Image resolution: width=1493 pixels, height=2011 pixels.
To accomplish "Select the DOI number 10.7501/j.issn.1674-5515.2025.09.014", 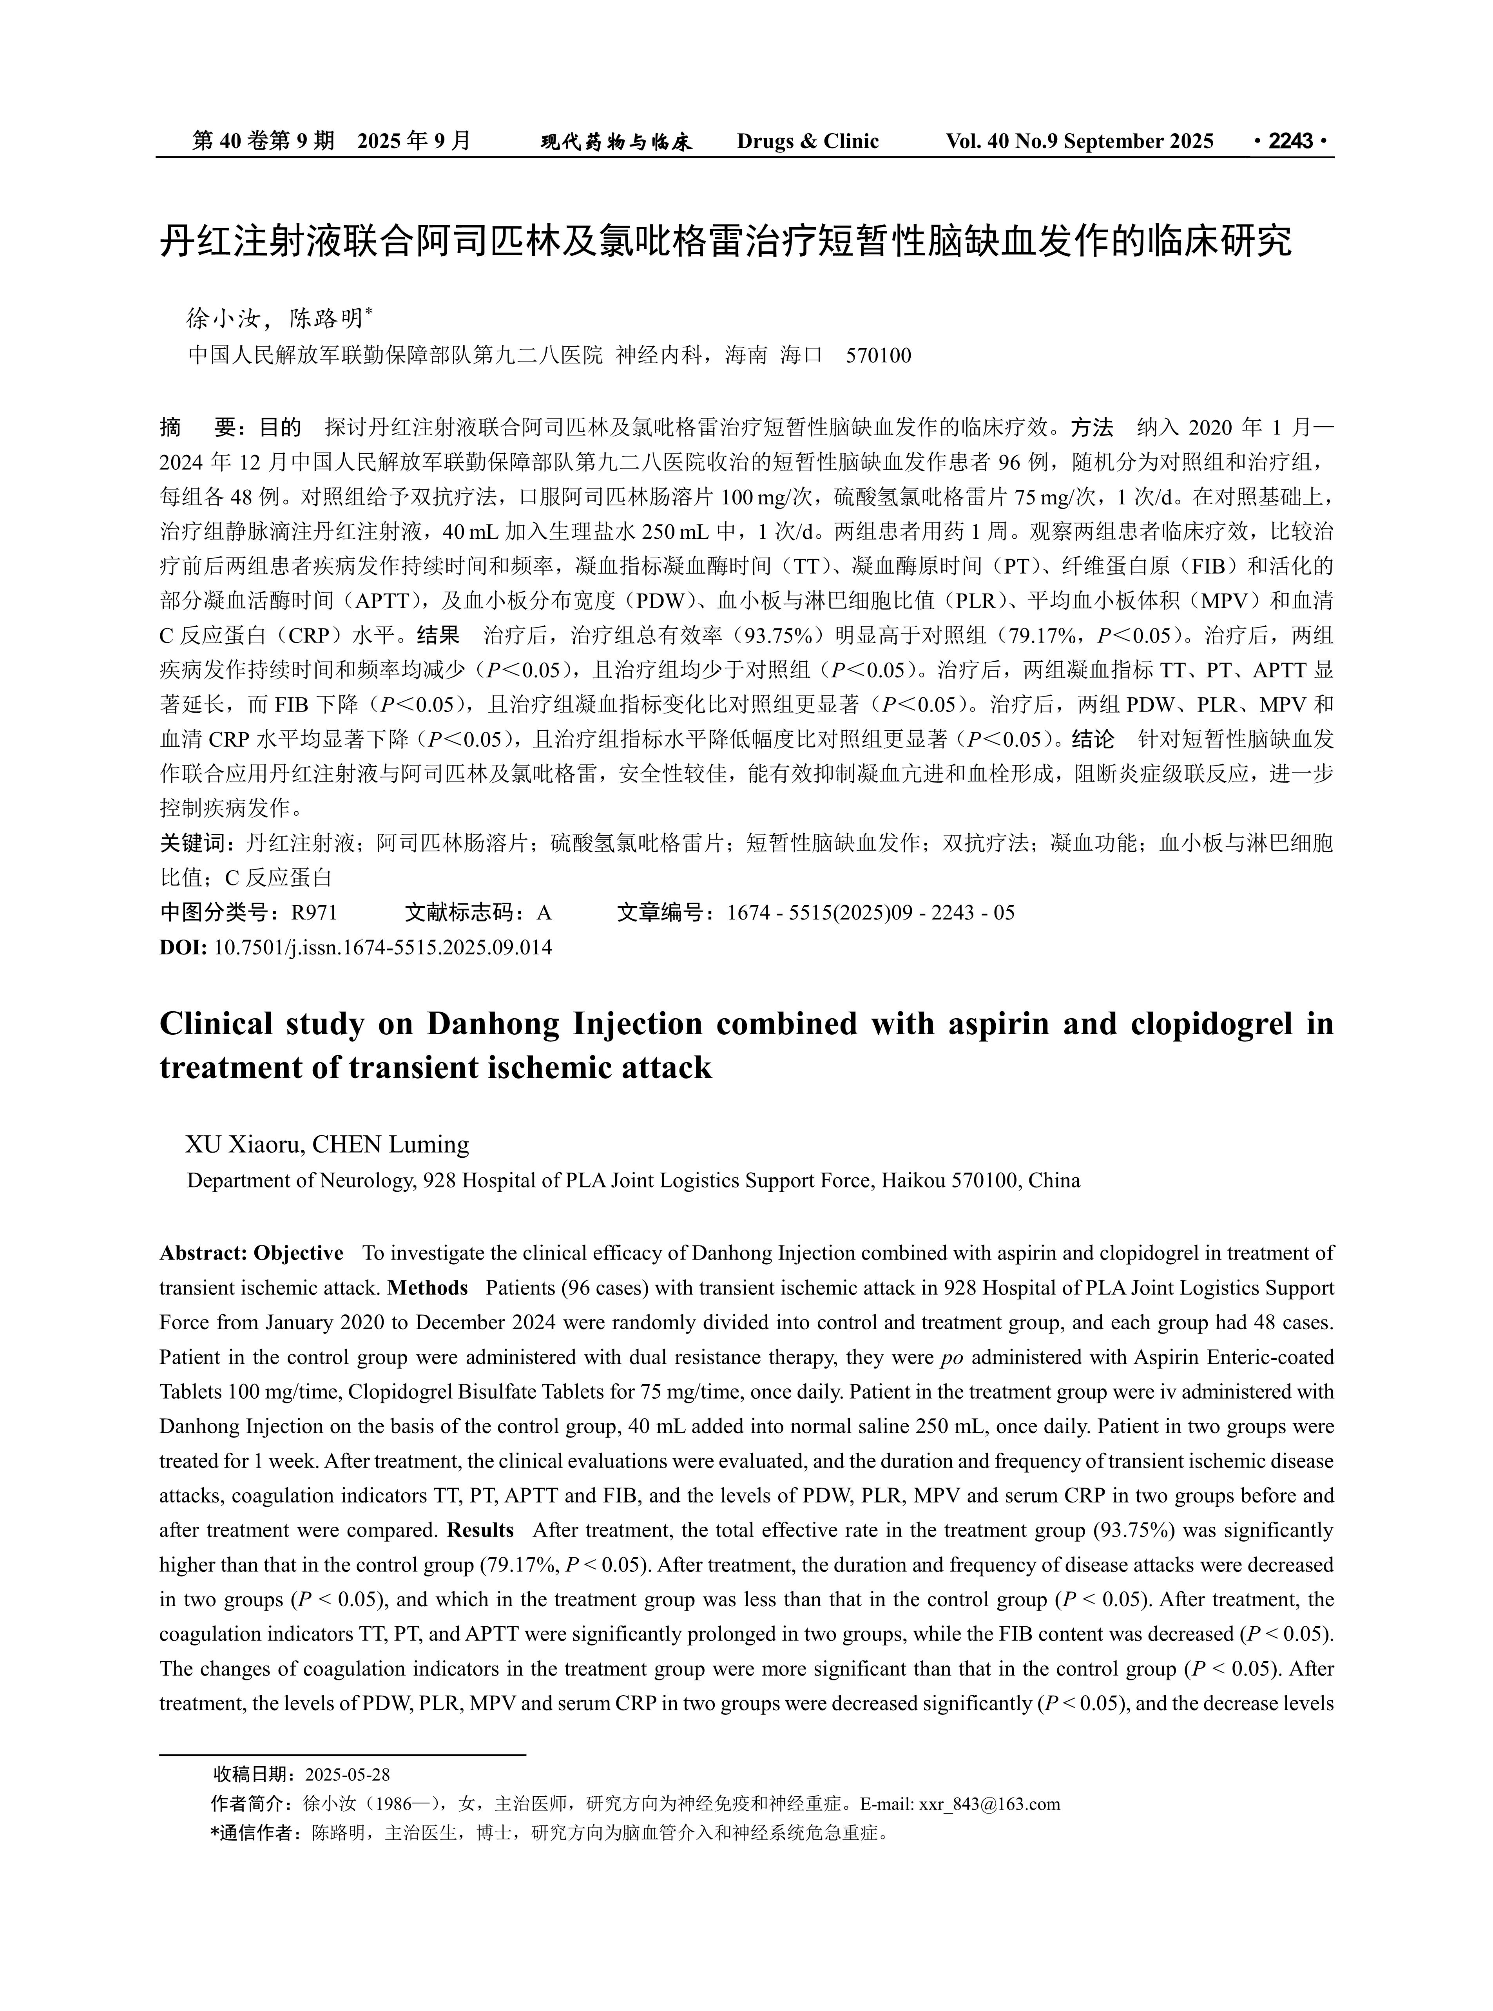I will pyautogui.click(x=382, y=948).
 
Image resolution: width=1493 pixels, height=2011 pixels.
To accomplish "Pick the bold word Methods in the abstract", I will pyautogui.click(x=428, y=1287).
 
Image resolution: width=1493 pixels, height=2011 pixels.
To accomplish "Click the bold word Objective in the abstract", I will pyautogui.click(x=298, y=1253).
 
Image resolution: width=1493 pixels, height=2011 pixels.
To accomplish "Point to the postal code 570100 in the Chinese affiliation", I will pyautogui.click(x=879, y=355).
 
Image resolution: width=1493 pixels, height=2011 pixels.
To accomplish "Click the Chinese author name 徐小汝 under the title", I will pyautogui.click(x=223, y=318).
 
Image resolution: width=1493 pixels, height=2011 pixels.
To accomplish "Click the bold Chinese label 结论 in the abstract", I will pyautogui.click(x=1093, y=739).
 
